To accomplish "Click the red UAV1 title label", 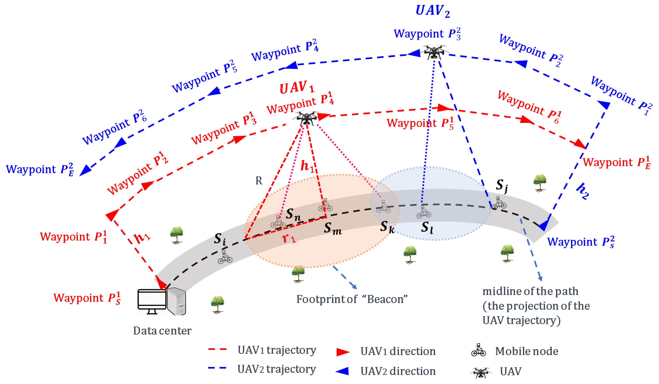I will [x=297, y=88].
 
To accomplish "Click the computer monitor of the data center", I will [x=152, y=301].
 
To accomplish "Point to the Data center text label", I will [x=162, y=331].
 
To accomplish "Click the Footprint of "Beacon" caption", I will [x=352, y=299].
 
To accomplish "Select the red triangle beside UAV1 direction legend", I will [x=343, y=352].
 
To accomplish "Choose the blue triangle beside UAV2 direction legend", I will [x=343, y=371].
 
